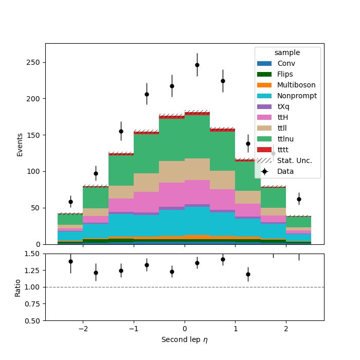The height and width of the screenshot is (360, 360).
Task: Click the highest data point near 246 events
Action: [x=197, y=65]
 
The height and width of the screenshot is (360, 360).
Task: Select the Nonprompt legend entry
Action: [x=287, y=96]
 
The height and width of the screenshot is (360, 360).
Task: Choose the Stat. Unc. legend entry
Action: [x=285, y=160]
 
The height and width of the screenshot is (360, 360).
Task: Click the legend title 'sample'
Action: [x=287, y=52]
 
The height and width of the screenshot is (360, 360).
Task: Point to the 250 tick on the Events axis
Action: [x=44, y=62]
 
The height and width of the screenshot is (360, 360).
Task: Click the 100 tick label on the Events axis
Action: [x=33, y=171]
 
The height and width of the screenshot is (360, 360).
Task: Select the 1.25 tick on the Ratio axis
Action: [x=44, y=271]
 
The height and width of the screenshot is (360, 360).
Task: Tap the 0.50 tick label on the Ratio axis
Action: [x=32, y=321]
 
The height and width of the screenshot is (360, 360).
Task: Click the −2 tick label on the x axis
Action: [x=83, y=329]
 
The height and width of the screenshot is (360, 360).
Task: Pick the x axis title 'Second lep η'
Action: [x=185, y=340]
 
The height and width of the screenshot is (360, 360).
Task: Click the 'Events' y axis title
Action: [x=20, y=145]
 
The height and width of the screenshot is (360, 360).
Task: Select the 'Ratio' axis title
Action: [x=17, y=289]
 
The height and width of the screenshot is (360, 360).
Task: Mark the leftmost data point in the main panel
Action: [x=71, y=202]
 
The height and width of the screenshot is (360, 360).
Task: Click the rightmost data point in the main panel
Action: [x=299, y=200]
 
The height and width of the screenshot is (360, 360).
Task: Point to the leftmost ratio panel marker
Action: [x=71, y=261]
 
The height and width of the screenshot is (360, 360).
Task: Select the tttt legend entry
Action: [x=273, y=150]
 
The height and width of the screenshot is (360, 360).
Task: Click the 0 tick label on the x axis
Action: [x=185, y=329]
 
